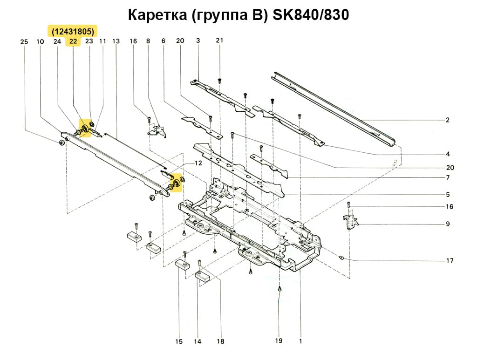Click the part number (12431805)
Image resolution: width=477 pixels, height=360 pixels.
click(x=73, y=31)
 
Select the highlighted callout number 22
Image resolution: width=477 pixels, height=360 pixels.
click(x=73, y=41)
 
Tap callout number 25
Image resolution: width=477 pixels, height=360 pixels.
click(x=25, y=42)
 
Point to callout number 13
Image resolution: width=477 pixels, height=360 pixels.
click(x=116, y=41)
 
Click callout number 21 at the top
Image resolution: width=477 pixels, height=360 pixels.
click(x=219, y=41)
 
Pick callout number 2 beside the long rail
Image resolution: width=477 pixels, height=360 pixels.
click(x=447, y=120)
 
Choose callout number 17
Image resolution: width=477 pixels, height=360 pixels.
click(x=450, y=261)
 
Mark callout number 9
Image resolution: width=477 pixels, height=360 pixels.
click(x=447, y=224)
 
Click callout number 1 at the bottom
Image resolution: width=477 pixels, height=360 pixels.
click(x=300, y=341)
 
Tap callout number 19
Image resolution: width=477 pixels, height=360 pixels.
click(x=279, y=341)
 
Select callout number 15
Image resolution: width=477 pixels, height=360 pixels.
click(x=179, y=342)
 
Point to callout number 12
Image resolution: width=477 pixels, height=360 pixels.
click(x=198, y=163)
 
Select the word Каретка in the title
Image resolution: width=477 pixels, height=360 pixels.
click(x=151, y=15)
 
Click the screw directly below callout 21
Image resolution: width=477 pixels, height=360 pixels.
click(x=219, y=81)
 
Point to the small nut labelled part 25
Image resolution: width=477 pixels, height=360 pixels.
click(x=61, y=142)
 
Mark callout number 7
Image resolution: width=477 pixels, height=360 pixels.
click(x=447, y=178)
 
